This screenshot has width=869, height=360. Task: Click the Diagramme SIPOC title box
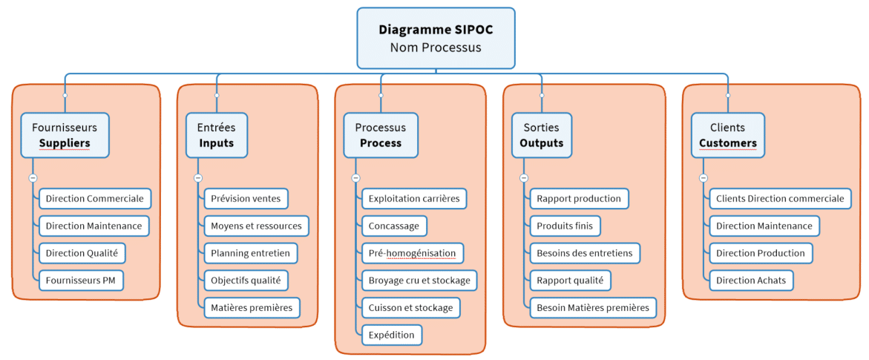pyautogui.click(x=436, y=38)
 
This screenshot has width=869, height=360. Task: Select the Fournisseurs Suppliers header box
pyautogui.click(x=65, y=135)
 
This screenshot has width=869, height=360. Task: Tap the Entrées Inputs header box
pyautogui.click(x=216, y=135)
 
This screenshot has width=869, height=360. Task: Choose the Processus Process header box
pyautogui.click(x=381, y=135)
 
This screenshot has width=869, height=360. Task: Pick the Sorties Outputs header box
pyautogui.click(x=541, y=135)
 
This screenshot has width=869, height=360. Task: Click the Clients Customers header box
pyautogui.click(x=727, y=135)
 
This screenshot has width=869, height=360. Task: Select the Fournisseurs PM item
pyautogui.click(x=81, y=281)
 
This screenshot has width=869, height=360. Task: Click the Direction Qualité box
pyautogui.click(x=82, y=253)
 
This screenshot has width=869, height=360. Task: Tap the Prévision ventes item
pyautogui.click(x=246, y=198)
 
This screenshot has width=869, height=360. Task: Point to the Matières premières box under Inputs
pyautogui.click(x=252, y=307)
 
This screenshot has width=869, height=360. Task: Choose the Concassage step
pyautogui.click(x=394, y=226)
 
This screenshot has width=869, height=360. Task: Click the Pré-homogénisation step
pyautogui.click(x=413, y=253)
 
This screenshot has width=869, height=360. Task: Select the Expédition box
pyautogui.click(x=392, y=335)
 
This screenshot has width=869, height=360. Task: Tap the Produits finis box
pyautogui.click(x=565, y=226)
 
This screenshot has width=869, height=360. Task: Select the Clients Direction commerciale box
pyautogui.click(x=780, y=198)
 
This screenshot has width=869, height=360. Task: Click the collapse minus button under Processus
pyautogui.click(x=355, y=178)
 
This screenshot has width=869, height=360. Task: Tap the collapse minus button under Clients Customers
pyautogui.click(x=704, y=178)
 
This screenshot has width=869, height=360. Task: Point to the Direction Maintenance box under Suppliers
pyautogui.click(x=94, y=226)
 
